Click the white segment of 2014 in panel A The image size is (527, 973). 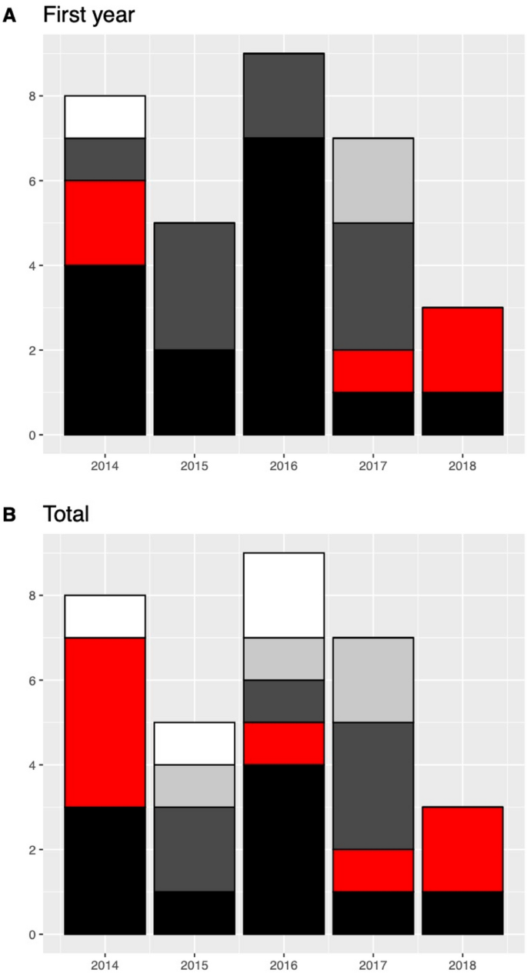[x=105, y=117]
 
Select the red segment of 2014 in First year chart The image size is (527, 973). [x=105, y=223]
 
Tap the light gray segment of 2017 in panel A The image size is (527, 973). [x=373, y=181]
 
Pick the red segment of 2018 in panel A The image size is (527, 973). [x=462, y=350]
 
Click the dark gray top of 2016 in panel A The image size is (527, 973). [x=283, y=95]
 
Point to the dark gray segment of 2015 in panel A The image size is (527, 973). [x=194, y=286]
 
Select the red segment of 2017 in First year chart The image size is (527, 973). [x=373, y=372]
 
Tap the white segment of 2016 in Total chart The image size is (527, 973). [x=283, y=595]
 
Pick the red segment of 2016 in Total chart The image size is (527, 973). [x=283, y=744]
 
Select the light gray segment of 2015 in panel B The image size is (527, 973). [x=194, y=786]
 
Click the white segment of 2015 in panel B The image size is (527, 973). [x=194, y=744]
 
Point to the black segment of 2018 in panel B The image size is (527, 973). [x=462, y=914]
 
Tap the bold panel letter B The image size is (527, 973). [x=11, y=513]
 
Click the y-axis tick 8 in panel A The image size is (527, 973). [x=30, y=96]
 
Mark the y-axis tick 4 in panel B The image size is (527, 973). [x=30, y=765]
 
